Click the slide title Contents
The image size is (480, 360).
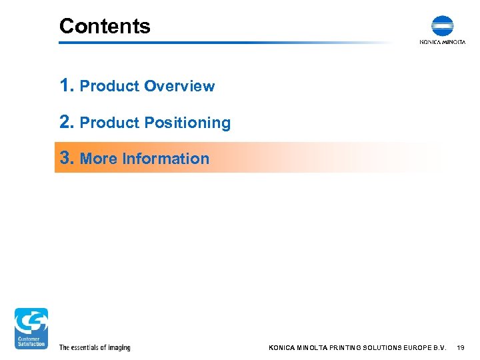(105, 26)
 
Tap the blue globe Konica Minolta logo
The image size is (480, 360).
(442, 26)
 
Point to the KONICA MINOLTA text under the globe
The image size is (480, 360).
(442, 41)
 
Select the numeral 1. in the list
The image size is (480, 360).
(67, 85)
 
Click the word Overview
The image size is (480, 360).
(179, 87)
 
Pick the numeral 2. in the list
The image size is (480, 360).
(67, 122)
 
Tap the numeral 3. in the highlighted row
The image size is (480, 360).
(67, 158)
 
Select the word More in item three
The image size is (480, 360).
(99, 159)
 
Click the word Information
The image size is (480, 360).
(166, 159)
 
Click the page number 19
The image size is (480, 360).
(461, 348)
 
